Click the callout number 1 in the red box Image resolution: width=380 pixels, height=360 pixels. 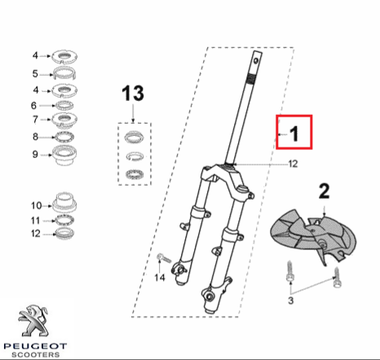point(294,134)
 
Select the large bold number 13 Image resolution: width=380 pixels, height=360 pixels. point(133,93)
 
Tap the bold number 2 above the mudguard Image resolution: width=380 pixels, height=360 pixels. point(324,191)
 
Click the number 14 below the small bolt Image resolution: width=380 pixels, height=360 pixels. point(160,278)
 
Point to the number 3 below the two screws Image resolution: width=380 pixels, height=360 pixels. point(290,301)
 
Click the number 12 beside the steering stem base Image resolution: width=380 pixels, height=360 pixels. point(293,164)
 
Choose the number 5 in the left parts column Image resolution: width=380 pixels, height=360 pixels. point(35,73)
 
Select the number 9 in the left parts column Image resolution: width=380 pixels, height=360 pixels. point(35,154)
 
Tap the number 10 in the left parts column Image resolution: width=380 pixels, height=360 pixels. point(36,205)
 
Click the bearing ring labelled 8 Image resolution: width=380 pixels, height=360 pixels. point(64,137)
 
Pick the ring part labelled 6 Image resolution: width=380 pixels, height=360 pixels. point(64,105)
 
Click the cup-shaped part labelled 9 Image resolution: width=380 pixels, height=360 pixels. point(64,155)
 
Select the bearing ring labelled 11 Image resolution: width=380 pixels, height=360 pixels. point(64,220)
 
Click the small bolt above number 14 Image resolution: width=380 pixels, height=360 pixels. point(164,258)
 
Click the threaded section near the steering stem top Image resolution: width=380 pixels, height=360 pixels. point(252,79)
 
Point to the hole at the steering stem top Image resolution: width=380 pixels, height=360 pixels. point(255,60)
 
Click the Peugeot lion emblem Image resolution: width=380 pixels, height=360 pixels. point(33,320)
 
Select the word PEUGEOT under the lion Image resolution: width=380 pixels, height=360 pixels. point(35,346)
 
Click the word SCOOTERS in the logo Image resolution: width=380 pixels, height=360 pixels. point(35,354)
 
